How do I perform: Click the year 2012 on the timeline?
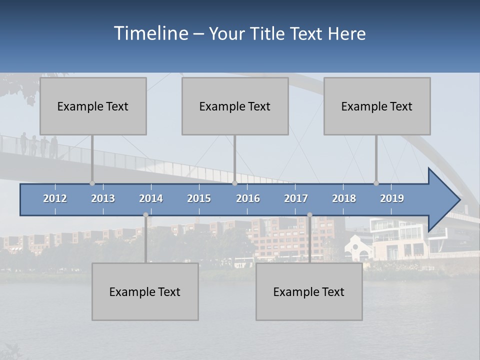55,198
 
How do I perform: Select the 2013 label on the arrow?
103,198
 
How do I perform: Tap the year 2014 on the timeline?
151,198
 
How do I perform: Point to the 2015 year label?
199,198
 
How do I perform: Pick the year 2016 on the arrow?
248,198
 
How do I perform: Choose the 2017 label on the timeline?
296,198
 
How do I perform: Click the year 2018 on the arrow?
344,198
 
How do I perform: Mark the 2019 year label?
392,198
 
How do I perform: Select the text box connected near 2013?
93,106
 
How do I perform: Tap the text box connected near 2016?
235,106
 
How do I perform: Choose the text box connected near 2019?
377,106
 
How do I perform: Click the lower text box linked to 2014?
145,291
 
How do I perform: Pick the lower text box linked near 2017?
309,291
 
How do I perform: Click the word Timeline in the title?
150,33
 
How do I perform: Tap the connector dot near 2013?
92,183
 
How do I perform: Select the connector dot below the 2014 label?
145,214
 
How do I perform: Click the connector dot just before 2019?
376,183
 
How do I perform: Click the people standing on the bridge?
40,145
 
